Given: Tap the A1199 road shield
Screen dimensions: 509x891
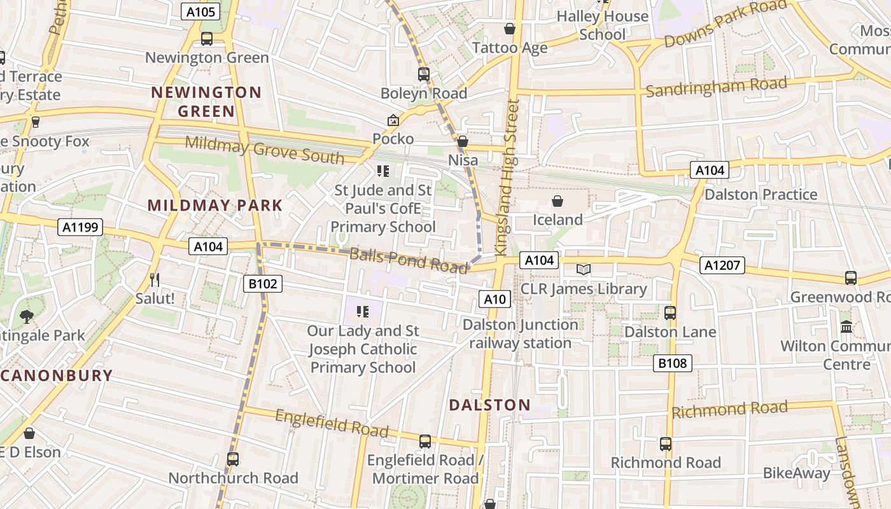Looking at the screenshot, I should click(81, 227).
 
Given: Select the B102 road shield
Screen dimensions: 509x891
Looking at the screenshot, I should click(262, 284).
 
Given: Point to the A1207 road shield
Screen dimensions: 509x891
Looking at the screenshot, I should click(722, 265).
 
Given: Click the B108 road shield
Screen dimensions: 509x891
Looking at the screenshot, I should click(673, 363).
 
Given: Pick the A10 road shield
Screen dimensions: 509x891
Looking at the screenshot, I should click(495, 299).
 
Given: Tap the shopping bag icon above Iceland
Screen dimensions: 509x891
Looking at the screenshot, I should click(558, 202).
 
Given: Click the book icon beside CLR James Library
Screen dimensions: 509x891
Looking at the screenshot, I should click(584, 270).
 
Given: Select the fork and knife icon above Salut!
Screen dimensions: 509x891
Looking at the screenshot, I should click(154, 279).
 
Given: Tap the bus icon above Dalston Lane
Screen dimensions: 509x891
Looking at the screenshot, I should click(670, 313).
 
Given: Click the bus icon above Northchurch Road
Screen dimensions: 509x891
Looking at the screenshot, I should click(233, 459).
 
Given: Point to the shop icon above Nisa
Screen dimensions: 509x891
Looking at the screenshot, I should click(463, 141).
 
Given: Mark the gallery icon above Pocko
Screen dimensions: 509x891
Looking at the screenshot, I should click(393, 120).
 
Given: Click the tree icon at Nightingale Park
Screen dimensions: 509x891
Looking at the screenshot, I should click(26, 316).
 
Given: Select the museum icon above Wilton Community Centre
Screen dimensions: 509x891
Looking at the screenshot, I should click(846, 327).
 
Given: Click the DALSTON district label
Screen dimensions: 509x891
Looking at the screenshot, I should click(489, 405).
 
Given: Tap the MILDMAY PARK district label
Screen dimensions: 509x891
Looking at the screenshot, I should click(215, 206).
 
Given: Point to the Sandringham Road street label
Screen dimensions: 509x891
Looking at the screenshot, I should click(716, 87).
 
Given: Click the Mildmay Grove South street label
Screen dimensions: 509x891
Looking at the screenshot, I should click(265, 150).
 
